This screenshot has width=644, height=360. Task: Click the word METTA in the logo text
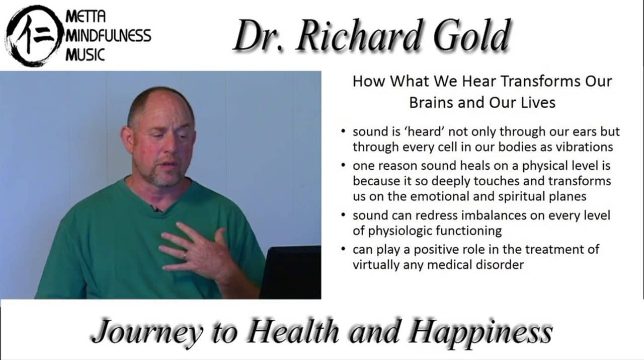(x=86, y=16)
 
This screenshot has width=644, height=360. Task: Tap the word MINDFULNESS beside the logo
(x=108, y=35)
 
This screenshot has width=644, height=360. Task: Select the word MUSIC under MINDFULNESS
(x=85, y=53)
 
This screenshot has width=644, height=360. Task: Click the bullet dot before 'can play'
(x=343, y=249)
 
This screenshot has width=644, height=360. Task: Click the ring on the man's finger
(x=185, y=255)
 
